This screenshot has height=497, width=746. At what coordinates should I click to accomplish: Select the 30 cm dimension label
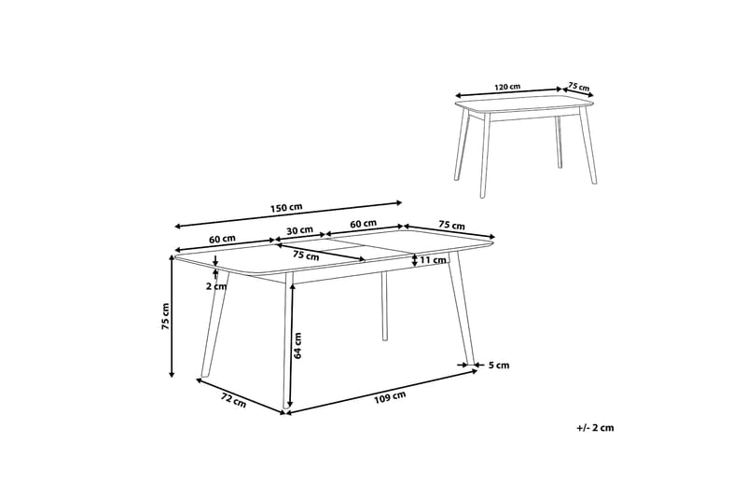[299, 230]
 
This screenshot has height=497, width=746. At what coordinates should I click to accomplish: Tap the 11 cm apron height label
[434, 260]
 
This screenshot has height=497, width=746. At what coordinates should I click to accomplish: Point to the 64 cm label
[298, 345]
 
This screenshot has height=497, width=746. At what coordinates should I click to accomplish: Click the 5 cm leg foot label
[499, 366]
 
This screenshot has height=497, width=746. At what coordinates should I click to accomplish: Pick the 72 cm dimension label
[233, 402]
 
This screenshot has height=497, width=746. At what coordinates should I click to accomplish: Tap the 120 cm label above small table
[507, 87]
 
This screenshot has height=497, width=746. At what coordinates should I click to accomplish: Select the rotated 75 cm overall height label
[165, 317]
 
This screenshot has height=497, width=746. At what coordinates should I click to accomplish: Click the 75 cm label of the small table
[579, 88]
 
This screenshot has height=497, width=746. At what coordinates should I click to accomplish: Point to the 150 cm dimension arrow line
[288, 214]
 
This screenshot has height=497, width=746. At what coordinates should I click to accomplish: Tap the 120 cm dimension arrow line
[509, 92]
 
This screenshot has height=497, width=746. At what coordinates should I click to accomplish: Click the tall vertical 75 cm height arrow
[173, 317]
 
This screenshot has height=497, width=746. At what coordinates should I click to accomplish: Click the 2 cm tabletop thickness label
[216, 286]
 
